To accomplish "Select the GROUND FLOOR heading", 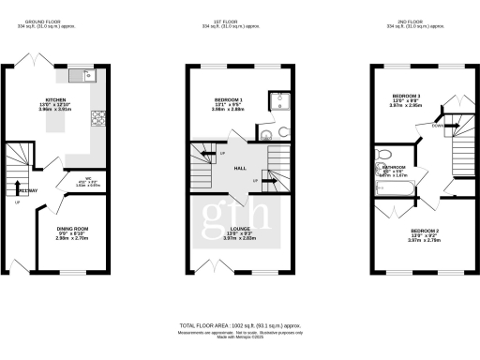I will point(45,20).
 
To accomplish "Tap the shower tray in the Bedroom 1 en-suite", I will point(277,103).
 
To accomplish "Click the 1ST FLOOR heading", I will point(240,20).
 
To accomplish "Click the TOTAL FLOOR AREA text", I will point(240,323).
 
